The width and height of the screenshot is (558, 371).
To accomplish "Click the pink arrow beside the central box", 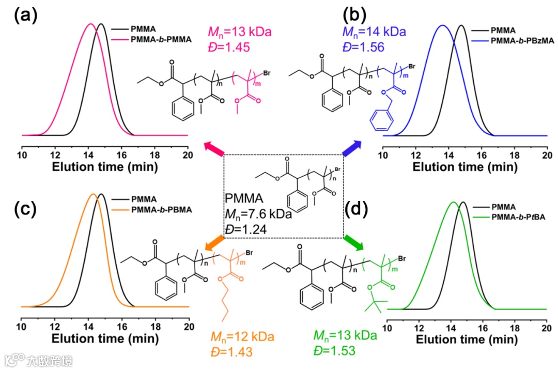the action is (x=214, y=148).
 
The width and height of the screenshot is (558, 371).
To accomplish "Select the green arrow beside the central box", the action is (x=353, y=241).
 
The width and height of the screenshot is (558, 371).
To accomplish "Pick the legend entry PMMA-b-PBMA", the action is (x=162, y=210).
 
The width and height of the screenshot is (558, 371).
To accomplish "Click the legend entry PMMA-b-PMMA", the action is (x=161, y=39).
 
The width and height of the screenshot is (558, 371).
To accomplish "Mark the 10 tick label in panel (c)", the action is (x=22, y=327).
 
